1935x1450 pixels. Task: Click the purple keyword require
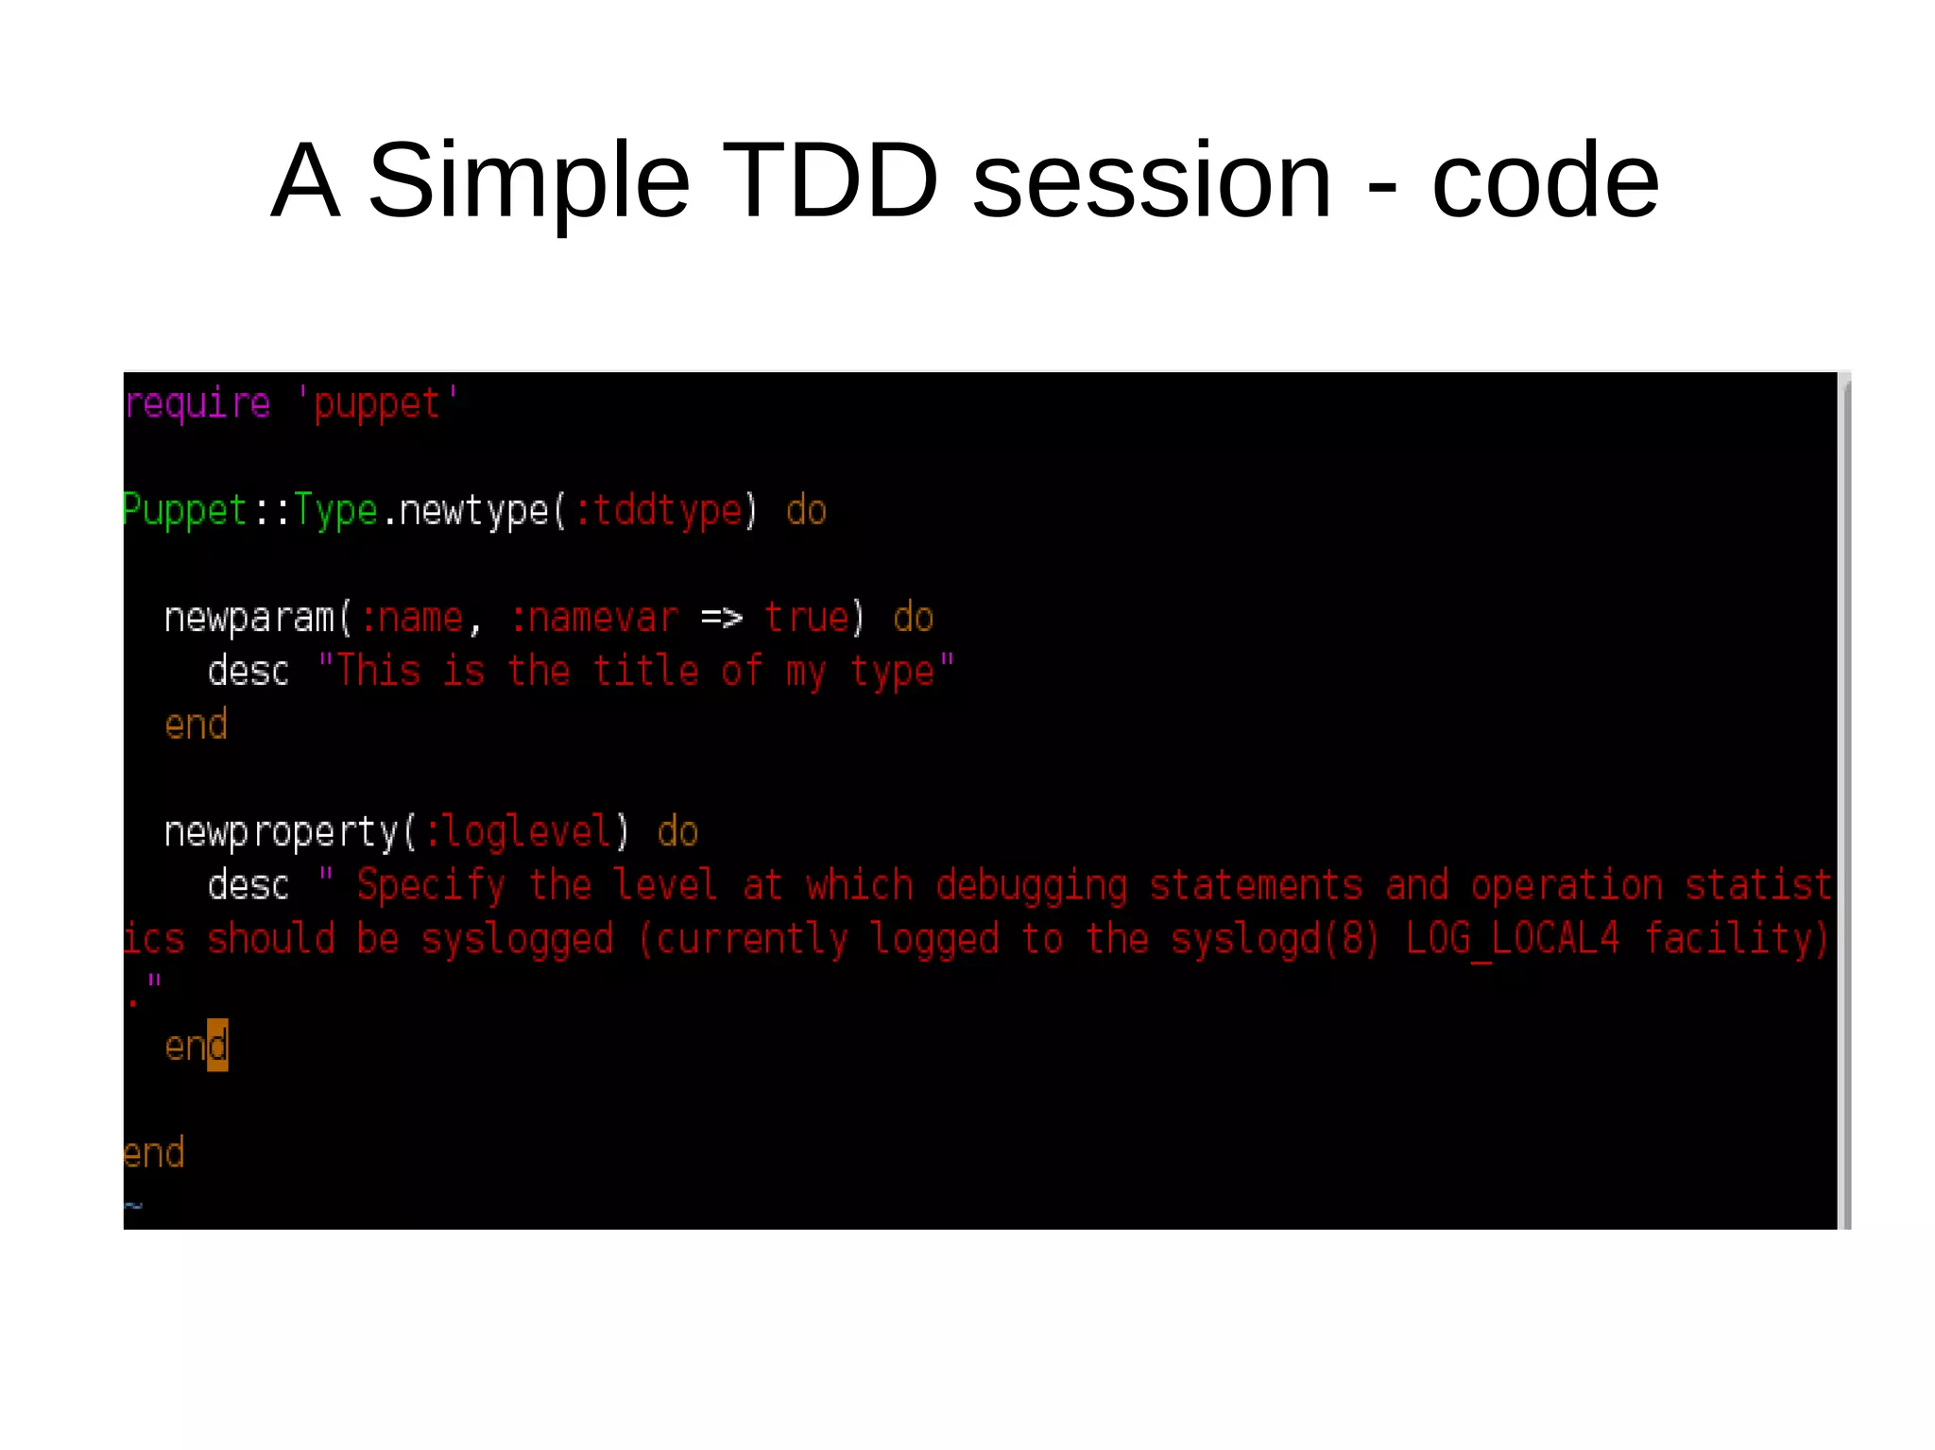197,404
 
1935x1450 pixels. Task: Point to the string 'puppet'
377,404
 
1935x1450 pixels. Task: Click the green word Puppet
185,511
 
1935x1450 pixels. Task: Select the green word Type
335,511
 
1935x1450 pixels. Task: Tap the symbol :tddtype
659,511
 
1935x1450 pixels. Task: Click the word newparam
249,619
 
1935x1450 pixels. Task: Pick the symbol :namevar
594,619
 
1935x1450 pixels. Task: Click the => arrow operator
722,619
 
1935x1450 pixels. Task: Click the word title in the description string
645,672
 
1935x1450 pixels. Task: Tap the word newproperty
282,832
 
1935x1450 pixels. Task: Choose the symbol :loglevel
518,832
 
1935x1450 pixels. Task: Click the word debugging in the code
1032,886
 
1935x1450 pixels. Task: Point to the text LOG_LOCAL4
1513,939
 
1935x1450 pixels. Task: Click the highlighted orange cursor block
217,1046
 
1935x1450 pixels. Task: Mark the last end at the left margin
154,1153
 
